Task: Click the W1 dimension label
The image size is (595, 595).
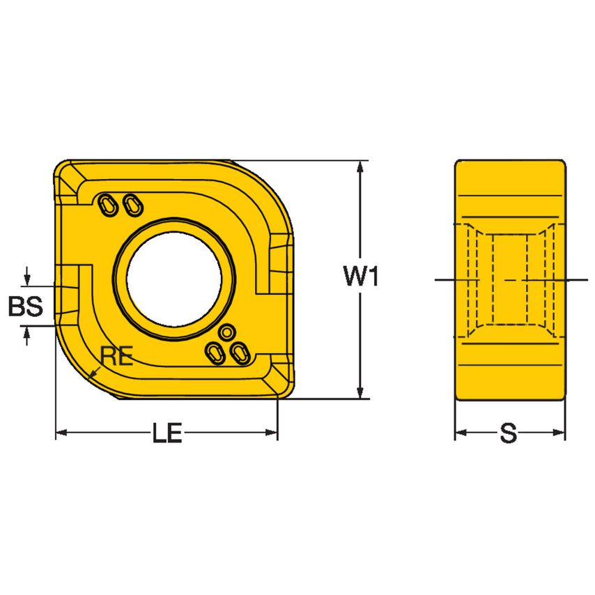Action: pos(360,279)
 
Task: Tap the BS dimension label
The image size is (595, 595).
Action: pos(25,307)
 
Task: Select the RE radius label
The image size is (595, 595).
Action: pos(116,356)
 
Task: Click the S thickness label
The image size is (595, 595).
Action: pos(509,434)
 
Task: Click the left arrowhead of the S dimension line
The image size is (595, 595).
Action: pos(461,433)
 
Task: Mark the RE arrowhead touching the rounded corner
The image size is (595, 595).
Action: pos(93,377)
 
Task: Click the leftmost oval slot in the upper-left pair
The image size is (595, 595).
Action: pos(107,204)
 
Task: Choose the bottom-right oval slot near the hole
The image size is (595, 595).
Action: pos(239,353)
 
